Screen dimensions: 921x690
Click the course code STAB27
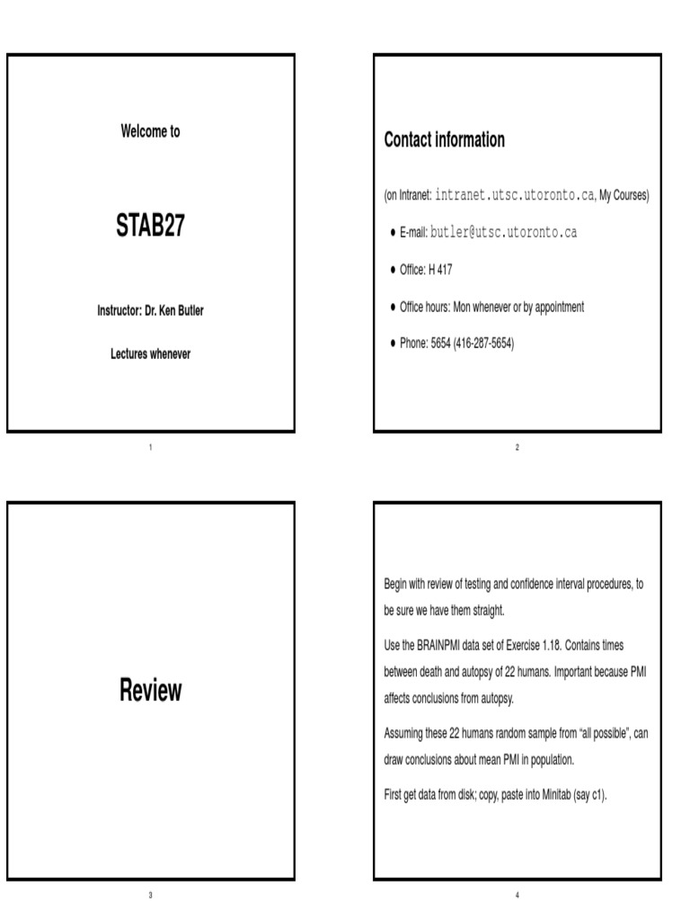tap(150, 226)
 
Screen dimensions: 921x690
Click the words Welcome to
tap(150, 131)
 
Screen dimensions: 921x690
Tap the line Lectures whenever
tap(150, 354)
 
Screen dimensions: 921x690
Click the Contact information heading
tap(444, 140)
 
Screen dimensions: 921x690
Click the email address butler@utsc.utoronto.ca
tap(503, 233)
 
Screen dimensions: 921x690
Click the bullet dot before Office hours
tap(393, 308)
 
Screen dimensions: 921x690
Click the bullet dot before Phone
tap(393, 344)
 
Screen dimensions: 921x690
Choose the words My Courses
tap(624, 195)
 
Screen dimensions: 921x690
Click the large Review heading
tap(150, 691)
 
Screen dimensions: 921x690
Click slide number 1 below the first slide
tap(150, 447)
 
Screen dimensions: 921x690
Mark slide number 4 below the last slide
tap(517, 895)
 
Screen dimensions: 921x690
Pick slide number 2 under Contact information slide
tap(517, 447)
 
